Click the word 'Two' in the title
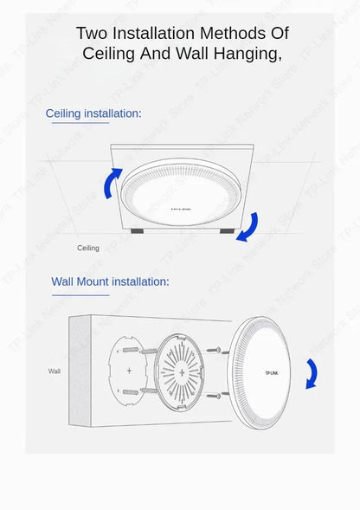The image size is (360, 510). point(91,33)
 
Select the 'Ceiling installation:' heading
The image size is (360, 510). point(93,113)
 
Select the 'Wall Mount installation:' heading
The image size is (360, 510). point(110,281)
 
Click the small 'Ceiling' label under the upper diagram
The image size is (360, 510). point(88,248)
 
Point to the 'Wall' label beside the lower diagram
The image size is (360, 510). point(55,371)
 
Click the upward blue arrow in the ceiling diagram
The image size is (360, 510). point(112,183)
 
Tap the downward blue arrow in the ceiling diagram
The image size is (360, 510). point(248,227)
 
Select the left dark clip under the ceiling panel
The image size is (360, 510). point(138,231)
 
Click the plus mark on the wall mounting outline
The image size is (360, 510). point(130,370)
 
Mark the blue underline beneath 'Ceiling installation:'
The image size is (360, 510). point(80,123)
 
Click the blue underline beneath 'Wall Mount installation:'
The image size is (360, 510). point(80,294)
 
